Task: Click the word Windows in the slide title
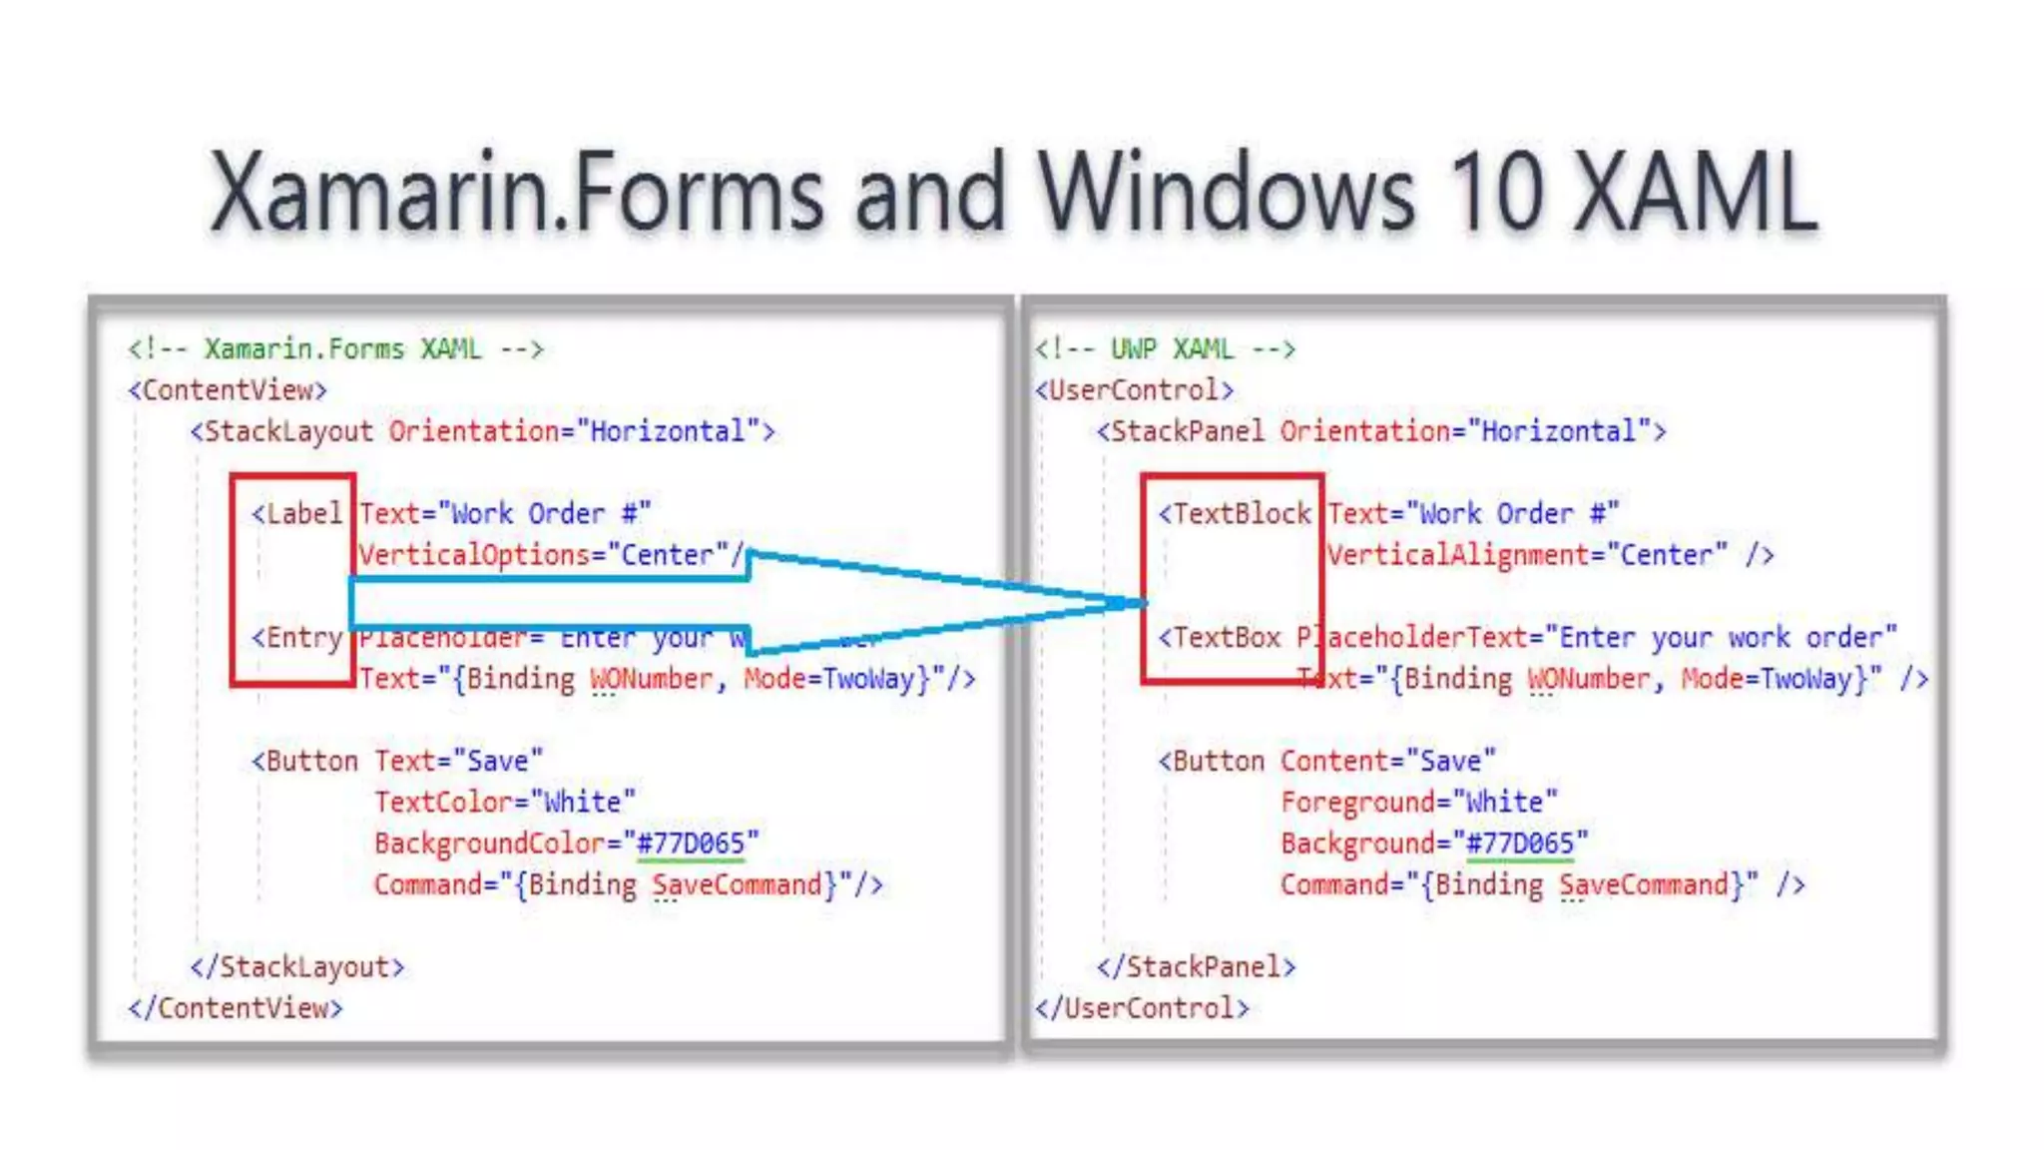coord(1227,193)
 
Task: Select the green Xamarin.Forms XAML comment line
coord(335,348)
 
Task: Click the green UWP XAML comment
coord(1165,348)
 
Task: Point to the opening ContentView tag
coord(228,389)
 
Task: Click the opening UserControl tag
coord(1135,389)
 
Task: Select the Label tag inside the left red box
coord(297,513)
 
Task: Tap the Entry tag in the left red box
coord(297,637)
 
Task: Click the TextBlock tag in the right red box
coord(1235,513)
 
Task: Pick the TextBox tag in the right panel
coord(1220,637)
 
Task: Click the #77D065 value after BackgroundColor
coord(691,844)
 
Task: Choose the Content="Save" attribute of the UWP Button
coord(1388,761)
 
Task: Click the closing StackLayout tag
coord(297,966)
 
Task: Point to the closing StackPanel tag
coord(1196,966)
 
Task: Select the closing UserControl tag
coord(1142,1008)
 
